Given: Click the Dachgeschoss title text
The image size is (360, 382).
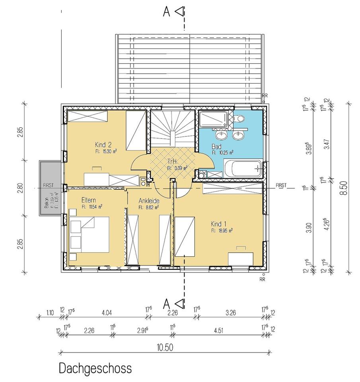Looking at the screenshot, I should coord(95,368).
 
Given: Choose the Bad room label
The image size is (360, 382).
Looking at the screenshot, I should coord(217,146).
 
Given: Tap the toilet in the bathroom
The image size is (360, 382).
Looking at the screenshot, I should coord(239,119).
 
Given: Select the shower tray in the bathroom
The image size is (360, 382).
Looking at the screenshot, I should coord(214,120).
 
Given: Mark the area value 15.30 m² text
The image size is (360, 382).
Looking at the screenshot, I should coord(106,151).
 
